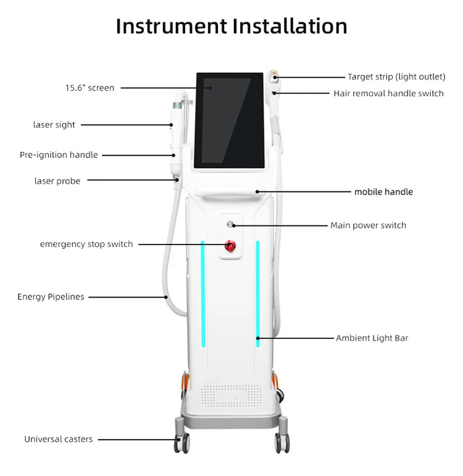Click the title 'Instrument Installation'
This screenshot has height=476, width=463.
pos(231,27)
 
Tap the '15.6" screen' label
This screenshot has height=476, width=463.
pos(90,88)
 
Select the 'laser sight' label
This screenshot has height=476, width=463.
pos(54,125)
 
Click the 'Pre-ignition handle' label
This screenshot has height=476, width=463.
pos(59,155)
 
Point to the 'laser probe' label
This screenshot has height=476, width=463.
pos(57,181)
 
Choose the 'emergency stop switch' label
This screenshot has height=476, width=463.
pos(86,244)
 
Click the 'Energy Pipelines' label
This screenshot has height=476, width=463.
pos(51,297)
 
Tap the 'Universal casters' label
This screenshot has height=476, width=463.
pos(59,439)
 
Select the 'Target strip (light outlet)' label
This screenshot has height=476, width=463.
pos(396,77)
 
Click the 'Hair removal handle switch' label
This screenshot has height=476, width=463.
pos(388,93)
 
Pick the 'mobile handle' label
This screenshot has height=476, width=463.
pos(383,192)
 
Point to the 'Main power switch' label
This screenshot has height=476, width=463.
pos(368,225)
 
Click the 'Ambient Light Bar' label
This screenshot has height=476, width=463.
pos(372,338)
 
